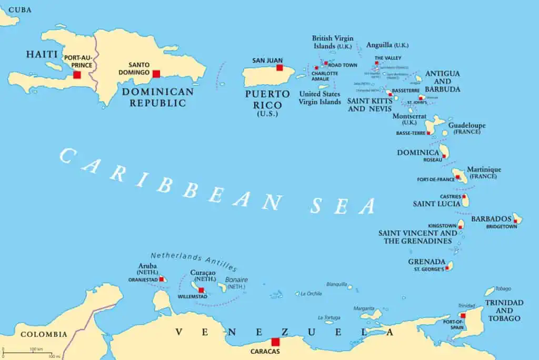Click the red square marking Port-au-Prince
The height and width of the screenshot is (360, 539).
(77, 75)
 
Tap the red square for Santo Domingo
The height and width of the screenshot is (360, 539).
(156, 74)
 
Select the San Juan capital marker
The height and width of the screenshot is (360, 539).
(280, 68)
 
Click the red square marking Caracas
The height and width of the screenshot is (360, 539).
(275, 342)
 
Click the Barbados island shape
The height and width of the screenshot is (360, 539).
(517, 218)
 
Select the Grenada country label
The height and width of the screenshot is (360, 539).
(427, 262)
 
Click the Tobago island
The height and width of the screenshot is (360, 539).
(490, 291)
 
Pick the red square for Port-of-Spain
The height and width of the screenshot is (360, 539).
(463, 316)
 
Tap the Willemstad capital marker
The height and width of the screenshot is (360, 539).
(201, 290)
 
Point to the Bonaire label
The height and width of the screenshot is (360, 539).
(237, 280)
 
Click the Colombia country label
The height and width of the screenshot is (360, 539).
(44, 334)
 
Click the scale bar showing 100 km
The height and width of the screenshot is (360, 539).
(26, 352)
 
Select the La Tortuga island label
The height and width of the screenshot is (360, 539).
(328, 317)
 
